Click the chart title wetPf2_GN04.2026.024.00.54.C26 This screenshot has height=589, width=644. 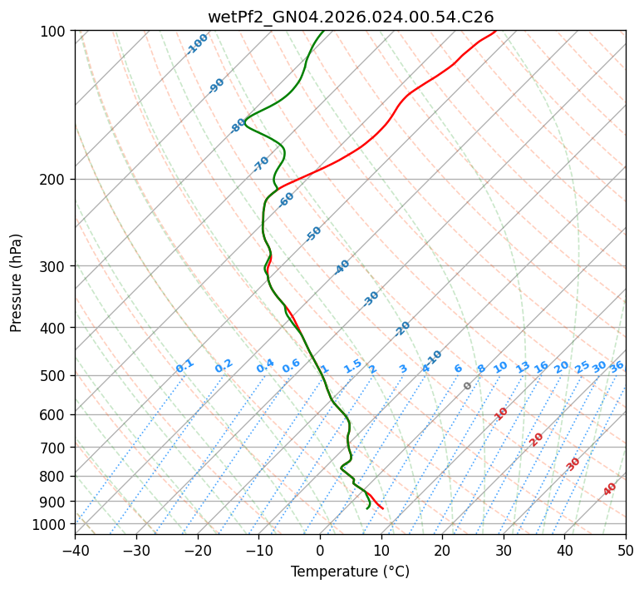(x=350, y=17)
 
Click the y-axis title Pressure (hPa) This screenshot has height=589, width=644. (x=17, y=283)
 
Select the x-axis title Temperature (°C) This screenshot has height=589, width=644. (x=350, y=572)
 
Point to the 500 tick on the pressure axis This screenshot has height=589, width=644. (x=55, y=376)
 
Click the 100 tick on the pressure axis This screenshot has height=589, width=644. (x=55, y=32)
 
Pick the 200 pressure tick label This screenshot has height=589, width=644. (x=55, y=180)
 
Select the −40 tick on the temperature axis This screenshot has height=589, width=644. (x=75, y=550)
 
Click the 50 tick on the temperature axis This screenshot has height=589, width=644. (x=626, y=550)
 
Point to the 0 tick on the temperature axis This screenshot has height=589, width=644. (x=320, y=550)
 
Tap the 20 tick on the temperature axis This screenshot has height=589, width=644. (x=442, y=550)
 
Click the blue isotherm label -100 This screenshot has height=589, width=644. (x=198, y=44)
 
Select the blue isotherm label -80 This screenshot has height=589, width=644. (x=238, y=126)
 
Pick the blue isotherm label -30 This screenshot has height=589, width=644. (x=371, y=299)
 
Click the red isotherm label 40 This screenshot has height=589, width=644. (x=610, y=489)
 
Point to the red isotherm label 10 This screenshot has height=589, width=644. (x=501, y=413)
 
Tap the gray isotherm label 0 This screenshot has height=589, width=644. (x=468, y=386)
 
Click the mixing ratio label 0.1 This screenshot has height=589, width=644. (x=184, y=366)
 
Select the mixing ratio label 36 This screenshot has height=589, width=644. (x=617, y=367)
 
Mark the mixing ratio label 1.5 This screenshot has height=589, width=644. (x=353, y=366)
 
